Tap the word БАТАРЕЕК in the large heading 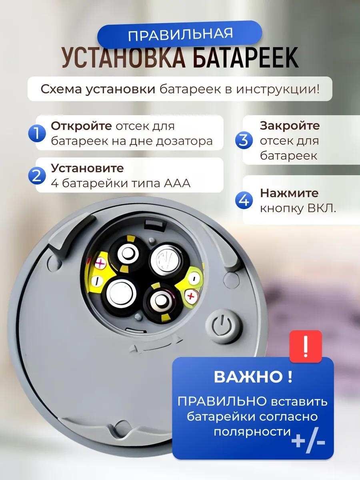point(246,58)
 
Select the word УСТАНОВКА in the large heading point(124,58)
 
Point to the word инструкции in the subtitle point(277,90)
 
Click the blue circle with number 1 point(37,133)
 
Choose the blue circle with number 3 point(244,140)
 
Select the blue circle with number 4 point(244,200)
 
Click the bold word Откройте point(81,126)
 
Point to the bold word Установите point(88,168)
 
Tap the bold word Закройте point(290,126)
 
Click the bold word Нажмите point(289,193)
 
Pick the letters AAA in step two point(177,183)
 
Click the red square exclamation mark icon point(306,346)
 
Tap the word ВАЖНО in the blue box point(248,376)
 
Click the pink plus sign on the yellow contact point(100,263)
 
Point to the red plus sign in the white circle point(191,296)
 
